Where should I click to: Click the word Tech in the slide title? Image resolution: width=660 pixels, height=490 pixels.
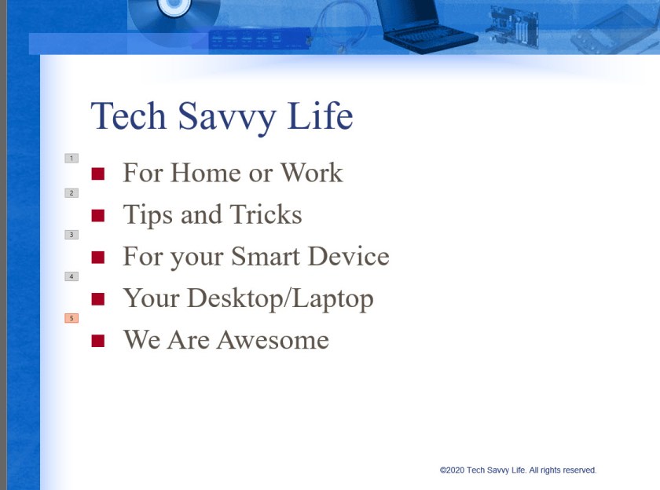(129, 116)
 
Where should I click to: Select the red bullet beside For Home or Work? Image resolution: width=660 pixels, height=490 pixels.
(98, 174)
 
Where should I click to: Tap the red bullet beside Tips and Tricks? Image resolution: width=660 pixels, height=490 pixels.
(98, 215)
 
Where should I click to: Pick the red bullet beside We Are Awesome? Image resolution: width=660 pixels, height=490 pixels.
(98, 340)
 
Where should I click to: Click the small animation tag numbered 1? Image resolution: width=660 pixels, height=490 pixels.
(71, 159)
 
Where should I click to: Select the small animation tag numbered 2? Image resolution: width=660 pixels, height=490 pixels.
(71, 193)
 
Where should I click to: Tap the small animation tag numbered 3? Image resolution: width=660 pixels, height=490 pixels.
(71, 235)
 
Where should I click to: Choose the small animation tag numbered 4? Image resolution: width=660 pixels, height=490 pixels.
(71, 276)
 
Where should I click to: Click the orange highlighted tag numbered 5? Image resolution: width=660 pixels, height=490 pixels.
(71, 318)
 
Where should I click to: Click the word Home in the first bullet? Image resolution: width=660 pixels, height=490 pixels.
(206, 173)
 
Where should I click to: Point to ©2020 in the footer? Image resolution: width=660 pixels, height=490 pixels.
(452, 470)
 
